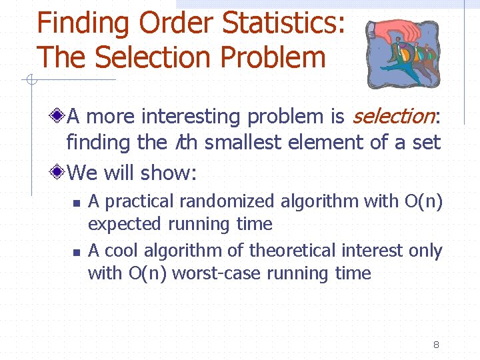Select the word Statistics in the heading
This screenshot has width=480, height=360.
pyautogui.click(x=283, y=23)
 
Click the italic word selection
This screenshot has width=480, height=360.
pyautogui.click(x=393, y=117)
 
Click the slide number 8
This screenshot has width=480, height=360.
pyautogui.click(x=435, y=345)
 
